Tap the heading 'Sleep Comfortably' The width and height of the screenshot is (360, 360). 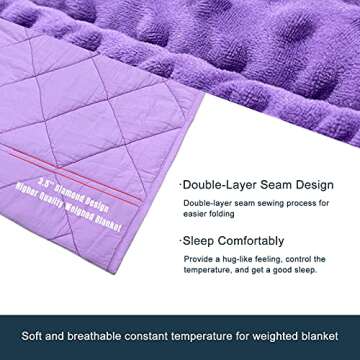(x=235, y=240)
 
